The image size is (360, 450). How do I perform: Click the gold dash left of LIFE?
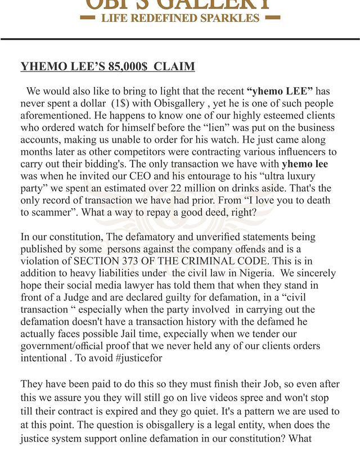(x=88, y=18)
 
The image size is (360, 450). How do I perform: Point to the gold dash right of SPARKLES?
(x=272, y=18)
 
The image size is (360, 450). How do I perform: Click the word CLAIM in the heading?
(x=174, y=67)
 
